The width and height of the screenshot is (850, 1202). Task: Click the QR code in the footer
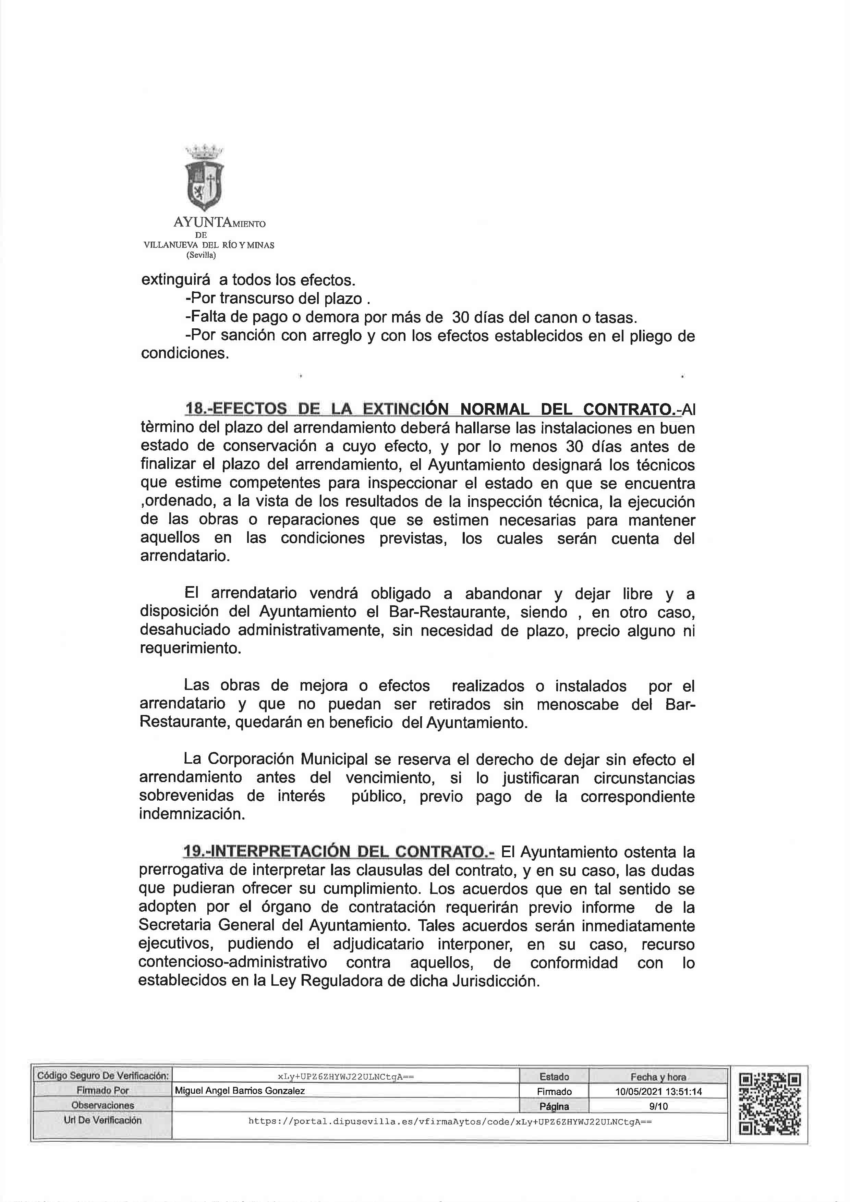click(x=769, y=1104)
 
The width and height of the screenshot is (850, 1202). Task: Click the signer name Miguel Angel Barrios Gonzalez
click(x=240, y=1091)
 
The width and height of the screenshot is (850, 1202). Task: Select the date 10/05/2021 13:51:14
click(x=658, y=1092)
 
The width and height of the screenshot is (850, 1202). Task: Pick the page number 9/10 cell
click(x=658, y=1106)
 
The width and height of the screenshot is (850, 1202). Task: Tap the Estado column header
click(x=554, y=1077)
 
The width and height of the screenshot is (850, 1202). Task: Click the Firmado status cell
click(x=554, y=1092)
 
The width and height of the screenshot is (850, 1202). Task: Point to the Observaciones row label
click(x=102, y=1105)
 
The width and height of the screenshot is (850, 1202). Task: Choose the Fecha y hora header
click(x=658, y=1077)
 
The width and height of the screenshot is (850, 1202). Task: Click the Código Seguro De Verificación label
click(x=102, y=1076)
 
